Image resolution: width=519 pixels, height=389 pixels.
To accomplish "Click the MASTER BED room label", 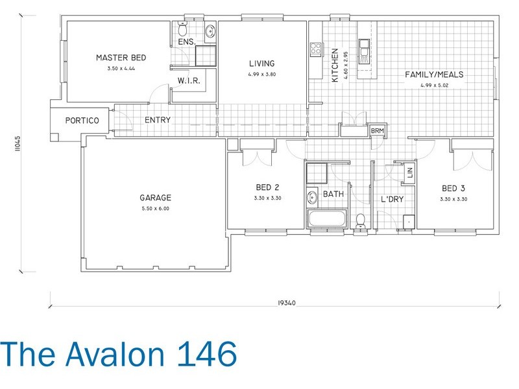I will (121, 58).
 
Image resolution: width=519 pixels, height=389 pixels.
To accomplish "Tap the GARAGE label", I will (154, 198).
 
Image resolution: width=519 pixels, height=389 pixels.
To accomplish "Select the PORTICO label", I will (81, 121).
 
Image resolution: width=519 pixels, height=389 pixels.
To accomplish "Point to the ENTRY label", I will (158, 121).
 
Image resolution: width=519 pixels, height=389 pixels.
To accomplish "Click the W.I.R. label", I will (187, 81).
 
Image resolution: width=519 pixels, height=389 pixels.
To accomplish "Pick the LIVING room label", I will (262, 64).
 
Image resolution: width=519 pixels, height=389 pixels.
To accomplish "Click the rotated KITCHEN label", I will (335, 65).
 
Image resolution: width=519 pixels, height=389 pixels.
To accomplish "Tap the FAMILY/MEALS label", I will (435, 75).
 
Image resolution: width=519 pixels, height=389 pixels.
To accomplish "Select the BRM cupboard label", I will (377, 131).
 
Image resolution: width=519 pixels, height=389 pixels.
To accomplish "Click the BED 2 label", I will (265, 188).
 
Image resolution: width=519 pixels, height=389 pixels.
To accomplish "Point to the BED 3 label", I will (453, 188).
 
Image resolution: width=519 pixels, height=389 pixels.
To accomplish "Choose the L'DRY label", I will (392, 199).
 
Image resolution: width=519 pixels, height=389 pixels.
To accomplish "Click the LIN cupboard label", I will (409, 173).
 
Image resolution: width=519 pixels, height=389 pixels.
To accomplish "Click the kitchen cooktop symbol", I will (316, 49).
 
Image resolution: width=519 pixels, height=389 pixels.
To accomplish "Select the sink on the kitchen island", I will (366, 49).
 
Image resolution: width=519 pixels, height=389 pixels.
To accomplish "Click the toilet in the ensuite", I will (182, 30).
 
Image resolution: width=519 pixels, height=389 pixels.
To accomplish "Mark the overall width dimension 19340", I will (276, 302).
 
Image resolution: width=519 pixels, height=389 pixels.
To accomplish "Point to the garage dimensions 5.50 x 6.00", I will (154, 209).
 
